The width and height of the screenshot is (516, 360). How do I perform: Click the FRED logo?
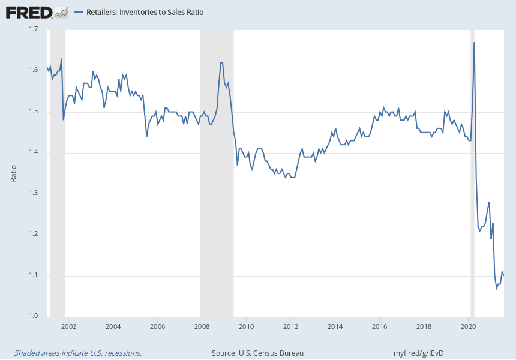pyautogui.click(x=29, y=11)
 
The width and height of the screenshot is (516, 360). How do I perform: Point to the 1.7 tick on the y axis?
pyautogui.click(x=34, y=29)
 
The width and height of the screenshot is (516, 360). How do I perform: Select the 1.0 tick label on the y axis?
pyautogui.click(x=34, y=316)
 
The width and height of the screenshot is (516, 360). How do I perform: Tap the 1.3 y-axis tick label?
pyautogui.click(x=34, y=193)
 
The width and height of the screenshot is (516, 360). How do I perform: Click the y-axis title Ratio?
pyautogui.click(x=14, y=173)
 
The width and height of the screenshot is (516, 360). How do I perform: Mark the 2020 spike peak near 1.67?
pyautogui.click(x=475, y=43)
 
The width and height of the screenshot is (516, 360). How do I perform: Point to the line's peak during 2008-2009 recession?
pyautogui.click(x=222, y=63)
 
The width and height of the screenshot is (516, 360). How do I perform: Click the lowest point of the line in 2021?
pyautogui.click(x=496, y=288)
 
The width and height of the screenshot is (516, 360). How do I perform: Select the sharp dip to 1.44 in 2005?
pyautogui.click(x=146, y=136)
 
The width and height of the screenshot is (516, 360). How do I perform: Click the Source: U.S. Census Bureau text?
pyautogui.click(x=257, y=353)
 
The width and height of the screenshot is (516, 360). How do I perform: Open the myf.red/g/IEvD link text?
pyautogui.click(x=418, y=353)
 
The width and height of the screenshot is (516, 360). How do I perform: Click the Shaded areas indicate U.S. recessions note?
pyautogui.click(x=78, y=353)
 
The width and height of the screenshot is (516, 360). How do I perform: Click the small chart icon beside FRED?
pyautogui.click(x=61, y=11)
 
